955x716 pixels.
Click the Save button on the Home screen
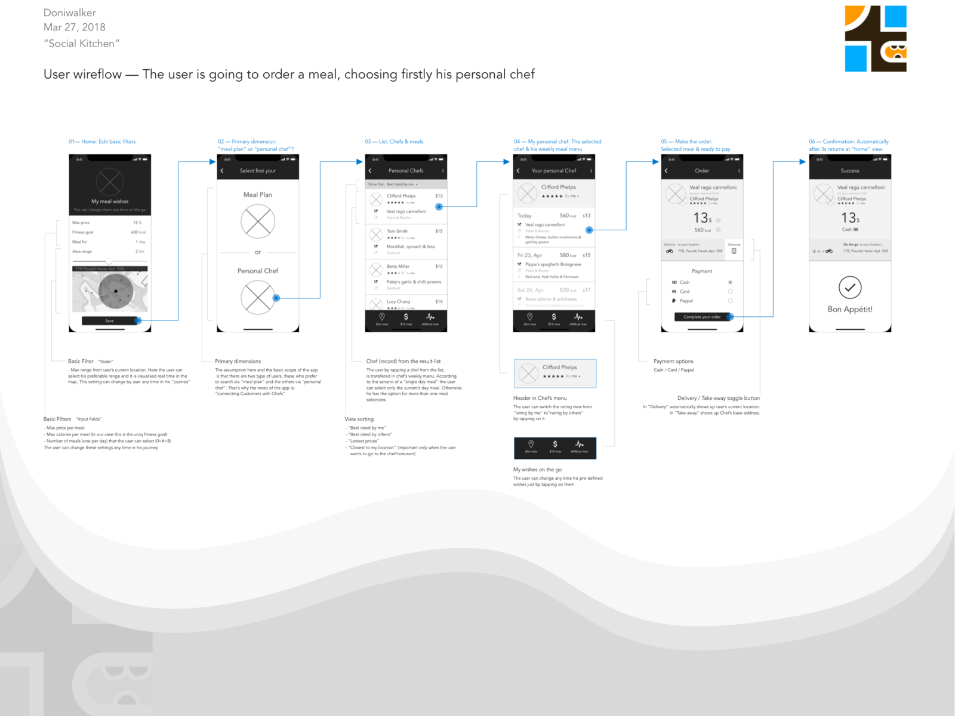110,321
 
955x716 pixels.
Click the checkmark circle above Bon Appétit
850,288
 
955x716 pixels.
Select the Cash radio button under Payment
730,282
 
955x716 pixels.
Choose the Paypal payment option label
686,301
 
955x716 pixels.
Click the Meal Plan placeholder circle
258,221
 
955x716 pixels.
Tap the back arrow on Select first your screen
222,171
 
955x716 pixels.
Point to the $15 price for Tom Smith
439,231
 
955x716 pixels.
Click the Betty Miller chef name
398,266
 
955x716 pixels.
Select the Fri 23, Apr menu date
529,255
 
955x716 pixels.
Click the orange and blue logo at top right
876,39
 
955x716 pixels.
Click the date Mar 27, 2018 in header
75,27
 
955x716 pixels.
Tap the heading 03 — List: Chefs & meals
394,142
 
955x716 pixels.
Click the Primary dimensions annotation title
238,362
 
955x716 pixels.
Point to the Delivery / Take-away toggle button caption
718,398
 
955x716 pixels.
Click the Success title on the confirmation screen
850,171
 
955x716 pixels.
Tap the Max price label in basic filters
81,223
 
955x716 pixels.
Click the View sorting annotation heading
359,419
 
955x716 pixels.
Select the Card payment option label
685,292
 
